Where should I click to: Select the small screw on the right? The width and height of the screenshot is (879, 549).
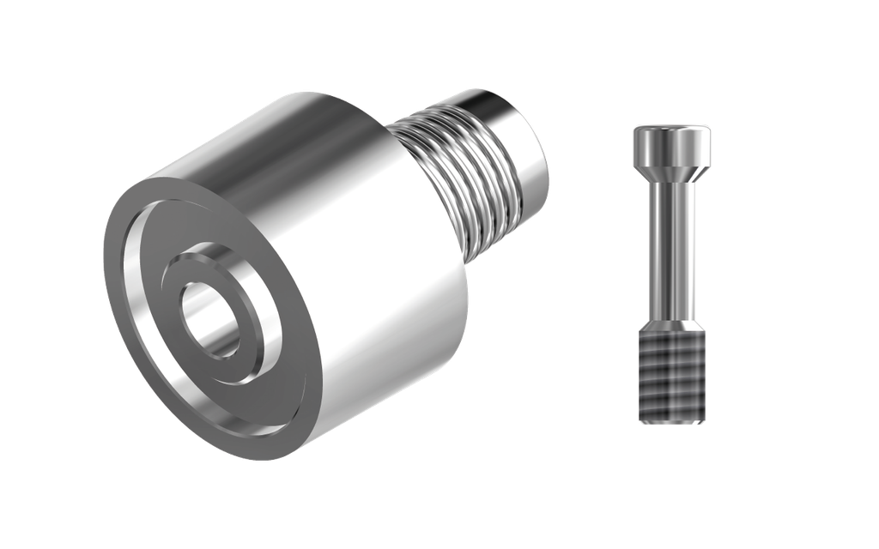[x=672, y=274]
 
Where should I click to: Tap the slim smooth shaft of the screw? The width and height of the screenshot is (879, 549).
[x=672, y=249]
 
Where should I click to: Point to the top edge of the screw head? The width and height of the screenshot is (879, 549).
[x=672, y=126]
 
